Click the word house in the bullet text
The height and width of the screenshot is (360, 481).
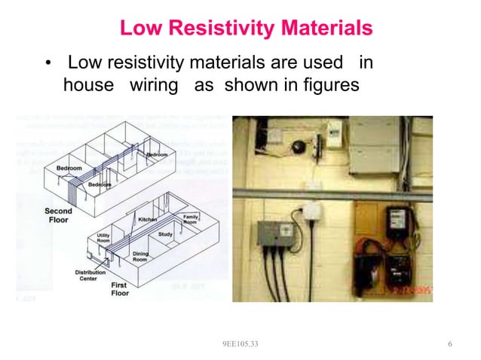[x=87, y=85]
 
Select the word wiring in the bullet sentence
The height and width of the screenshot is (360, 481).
[x=154, y=85]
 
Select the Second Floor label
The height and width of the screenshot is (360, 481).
[x=58, y=216]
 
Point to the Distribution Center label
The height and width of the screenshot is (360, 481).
[x=91, y=276]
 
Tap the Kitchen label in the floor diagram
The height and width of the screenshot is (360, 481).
[x=147, y=219]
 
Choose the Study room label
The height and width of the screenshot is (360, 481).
[x=165, y=234]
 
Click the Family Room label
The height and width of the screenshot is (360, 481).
[x=191, y=219]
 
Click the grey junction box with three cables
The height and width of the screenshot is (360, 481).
[x=272, y=235]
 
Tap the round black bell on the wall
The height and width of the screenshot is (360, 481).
[x=298, y=145]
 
